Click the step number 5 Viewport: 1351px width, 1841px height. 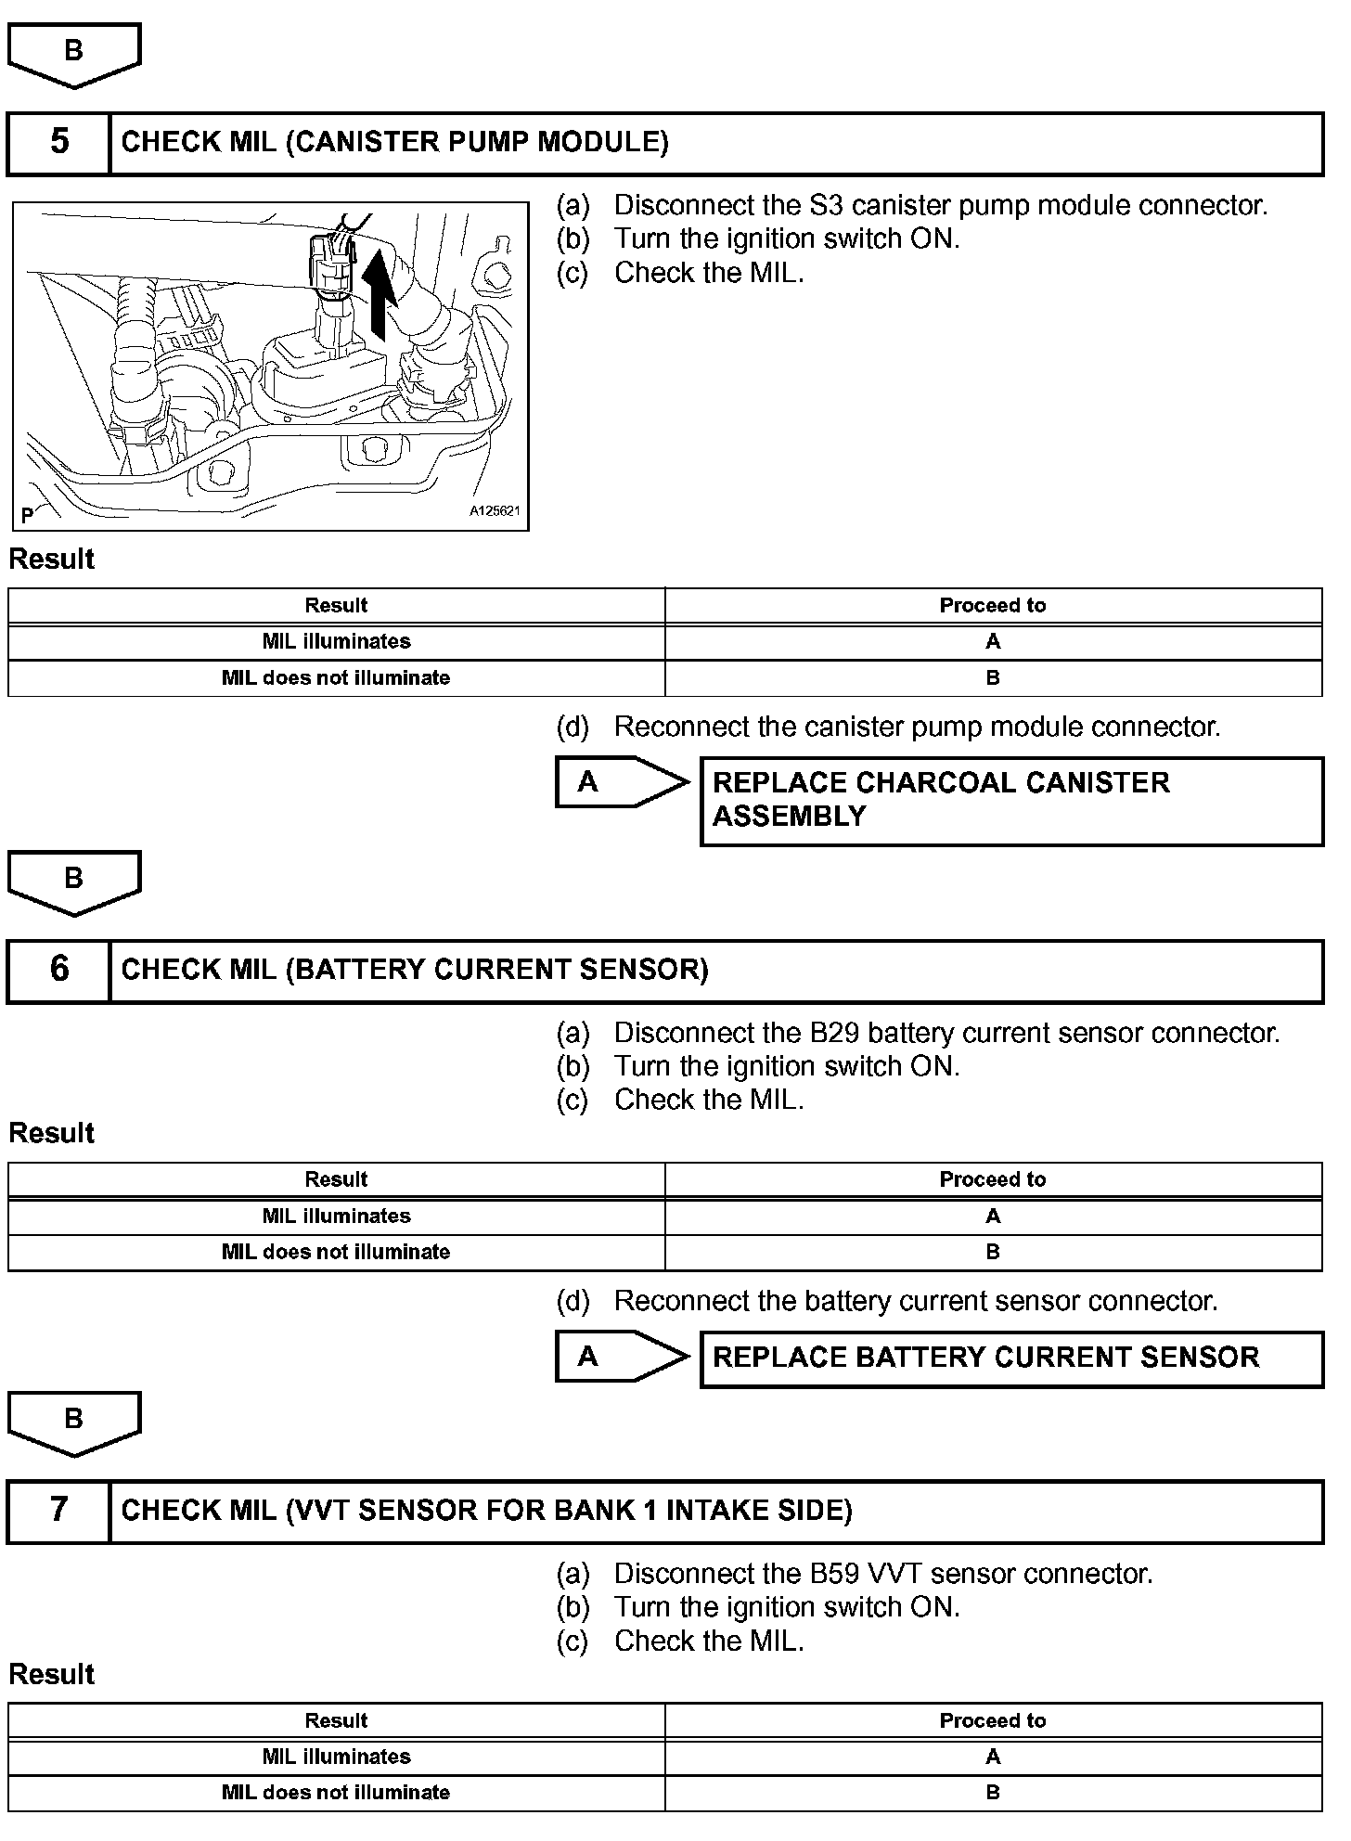59,142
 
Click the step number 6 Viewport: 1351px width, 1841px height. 59,969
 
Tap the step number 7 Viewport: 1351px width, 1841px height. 59,1510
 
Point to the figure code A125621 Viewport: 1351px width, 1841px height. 494,511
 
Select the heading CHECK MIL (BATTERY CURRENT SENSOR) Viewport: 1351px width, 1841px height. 415,970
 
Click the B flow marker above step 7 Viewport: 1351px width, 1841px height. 74,1421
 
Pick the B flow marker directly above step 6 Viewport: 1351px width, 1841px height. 74,880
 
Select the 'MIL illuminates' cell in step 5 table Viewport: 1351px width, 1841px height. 336,642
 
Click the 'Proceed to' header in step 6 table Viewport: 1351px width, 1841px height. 993,1179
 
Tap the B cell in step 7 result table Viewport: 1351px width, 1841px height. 993,1793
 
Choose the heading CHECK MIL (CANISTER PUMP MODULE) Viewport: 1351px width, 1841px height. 395,142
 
